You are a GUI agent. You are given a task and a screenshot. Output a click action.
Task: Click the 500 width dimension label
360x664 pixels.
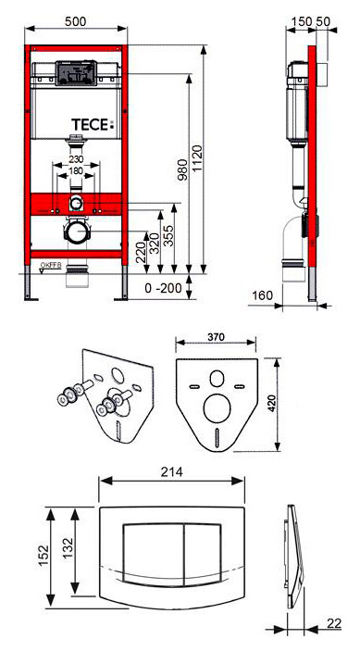coord(75,20)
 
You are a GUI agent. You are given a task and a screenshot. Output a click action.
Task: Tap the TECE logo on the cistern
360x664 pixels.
coord(93,124)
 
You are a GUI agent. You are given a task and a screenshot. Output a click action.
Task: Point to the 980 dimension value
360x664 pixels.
coord(181,169)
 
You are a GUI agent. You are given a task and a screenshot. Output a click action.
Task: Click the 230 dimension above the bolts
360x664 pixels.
coord(76,159)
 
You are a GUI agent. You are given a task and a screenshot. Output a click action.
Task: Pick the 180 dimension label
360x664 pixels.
coord(76,170)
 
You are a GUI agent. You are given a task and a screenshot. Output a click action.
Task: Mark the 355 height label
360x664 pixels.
coord(168,235)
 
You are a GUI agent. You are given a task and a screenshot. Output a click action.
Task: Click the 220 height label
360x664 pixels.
coord(141,251)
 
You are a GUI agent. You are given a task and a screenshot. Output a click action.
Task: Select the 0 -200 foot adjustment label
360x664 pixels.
coord(163,288)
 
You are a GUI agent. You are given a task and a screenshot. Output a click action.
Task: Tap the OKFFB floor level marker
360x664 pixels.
coord(51,265)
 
